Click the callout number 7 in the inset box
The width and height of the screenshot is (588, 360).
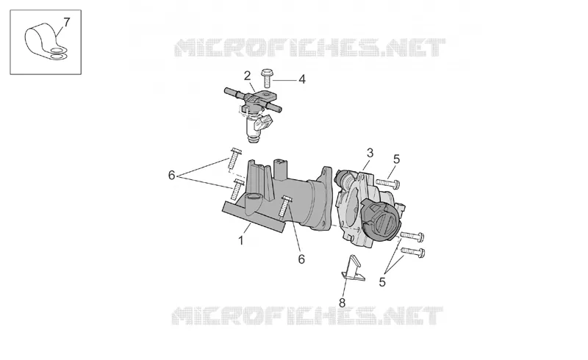coord(66,23)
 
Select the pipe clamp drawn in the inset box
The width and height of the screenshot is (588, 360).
coord(46,43)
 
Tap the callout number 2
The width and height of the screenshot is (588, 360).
coord(247,76)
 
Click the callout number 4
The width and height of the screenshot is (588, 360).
coord(302,79)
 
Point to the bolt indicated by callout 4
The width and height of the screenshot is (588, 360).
coord(267,78)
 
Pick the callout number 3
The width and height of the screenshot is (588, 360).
coord(370,153)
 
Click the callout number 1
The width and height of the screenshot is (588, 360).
coord(241,240)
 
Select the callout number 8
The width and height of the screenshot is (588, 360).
coord(342,303)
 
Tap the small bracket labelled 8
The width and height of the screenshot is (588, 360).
coord(353,268)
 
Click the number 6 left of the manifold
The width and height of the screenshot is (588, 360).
coord(171,175)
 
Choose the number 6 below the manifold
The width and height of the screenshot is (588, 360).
coord(301,259)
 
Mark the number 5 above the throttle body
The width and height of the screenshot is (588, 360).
coord(396,159)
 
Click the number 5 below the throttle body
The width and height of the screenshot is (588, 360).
coord(382,281)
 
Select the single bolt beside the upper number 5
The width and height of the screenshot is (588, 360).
coord(388,183)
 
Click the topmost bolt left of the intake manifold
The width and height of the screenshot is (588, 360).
coord(234,158)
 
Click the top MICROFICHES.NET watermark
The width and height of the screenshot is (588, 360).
coord(309,48)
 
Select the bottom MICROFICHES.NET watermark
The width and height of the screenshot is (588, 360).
coord(307,315)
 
